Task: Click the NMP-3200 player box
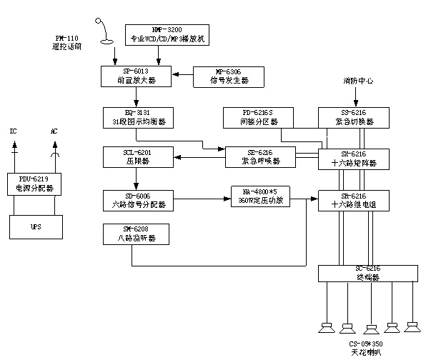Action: point(167,34)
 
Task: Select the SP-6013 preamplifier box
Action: point(138,76)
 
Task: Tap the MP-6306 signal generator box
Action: point(229,76)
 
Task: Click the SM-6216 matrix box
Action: point(353,159)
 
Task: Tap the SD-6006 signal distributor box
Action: point(138,200)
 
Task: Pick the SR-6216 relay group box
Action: point(353,200)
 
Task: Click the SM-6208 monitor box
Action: point(138,234)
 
